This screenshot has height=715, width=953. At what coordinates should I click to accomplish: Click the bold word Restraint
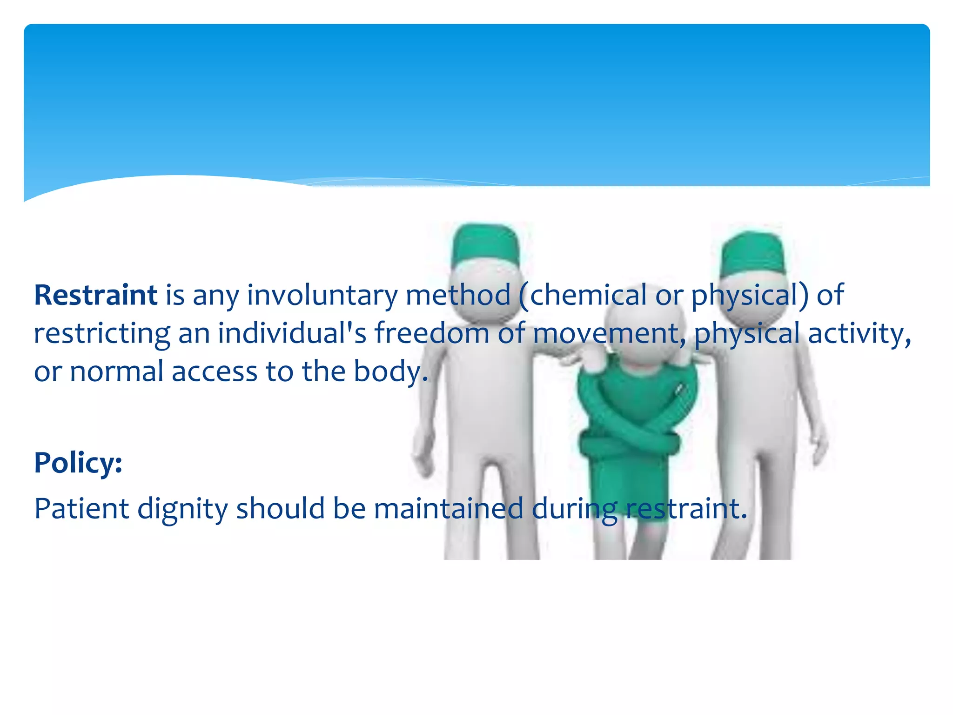(x=95, y=295)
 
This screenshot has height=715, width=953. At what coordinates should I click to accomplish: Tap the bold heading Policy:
(x=78, y=463)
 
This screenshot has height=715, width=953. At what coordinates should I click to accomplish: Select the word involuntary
(x=322, y=296)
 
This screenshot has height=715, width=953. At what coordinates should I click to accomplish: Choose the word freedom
(x=432, y=333)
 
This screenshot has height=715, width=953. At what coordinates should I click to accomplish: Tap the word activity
(x=859, y=334)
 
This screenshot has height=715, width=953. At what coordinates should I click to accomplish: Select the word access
(x=215, y=371)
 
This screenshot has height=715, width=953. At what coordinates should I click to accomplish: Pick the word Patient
(x=81, y=508)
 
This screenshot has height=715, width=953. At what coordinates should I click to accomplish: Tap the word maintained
(x=449, y=508)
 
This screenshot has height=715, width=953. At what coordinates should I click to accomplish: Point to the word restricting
(x=102, y=334)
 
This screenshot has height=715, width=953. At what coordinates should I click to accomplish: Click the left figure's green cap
(x=484, y=244)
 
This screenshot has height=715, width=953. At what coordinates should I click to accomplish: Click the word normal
(x=116, y=371)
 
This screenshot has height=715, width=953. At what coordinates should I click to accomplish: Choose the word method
(x=458, y=295)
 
